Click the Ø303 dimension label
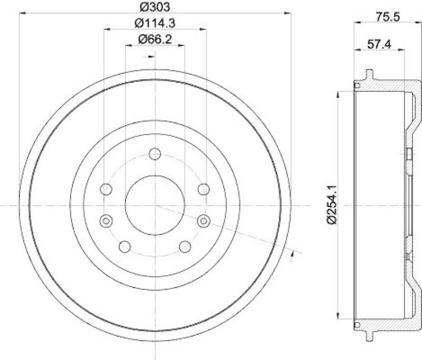tap(154, 7)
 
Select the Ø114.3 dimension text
tap(154, 23)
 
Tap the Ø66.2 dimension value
tap(155, 39)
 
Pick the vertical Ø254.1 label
tap(331, 204)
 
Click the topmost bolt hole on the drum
tap(155, 154)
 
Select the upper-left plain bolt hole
tap(106, 189)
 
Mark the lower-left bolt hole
tap(125, 247)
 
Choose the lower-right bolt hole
tap(185, 247)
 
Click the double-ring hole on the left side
tap(106, 220)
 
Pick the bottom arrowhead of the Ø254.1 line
tap(337, 316)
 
